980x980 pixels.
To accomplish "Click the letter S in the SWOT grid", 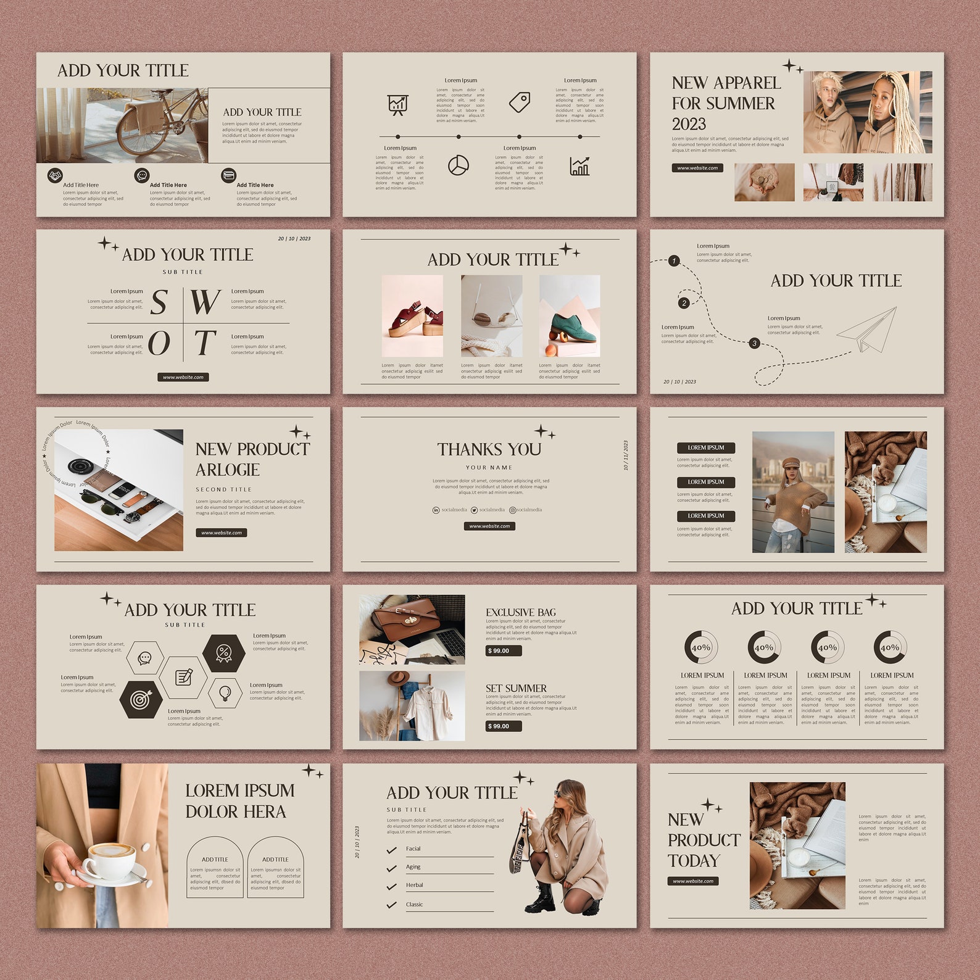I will click(x=159, y=302).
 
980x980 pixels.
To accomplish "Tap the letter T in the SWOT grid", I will click(x=204, y=343).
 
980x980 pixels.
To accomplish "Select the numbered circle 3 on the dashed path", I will click(x=754, y=343).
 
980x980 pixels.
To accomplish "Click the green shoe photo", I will click(x=570, y=316).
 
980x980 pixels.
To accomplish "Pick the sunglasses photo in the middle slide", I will click(x=491, y=316).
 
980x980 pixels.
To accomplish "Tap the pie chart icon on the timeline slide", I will click(x=458, y=165).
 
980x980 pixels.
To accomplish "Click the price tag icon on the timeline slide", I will click(x=520, y=102).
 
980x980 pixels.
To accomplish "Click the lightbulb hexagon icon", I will click(x=225, y=692).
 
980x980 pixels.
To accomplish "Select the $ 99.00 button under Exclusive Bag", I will click(x=503, y=650).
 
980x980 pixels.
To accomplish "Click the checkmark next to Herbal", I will click(x=391, y=886).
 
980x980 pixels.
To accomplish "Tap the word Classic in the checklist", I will click(x=414, y=905).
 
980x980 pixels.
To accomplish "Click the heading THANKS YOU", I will click(x=489, y=449).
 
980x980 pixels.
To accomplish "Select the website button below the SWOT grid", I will click(x=183, y=377).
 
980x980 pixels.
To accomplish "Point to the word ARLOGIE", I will click(x=227, y=470).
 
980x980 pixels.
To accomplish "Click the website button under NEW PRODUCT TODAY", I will click(x=692, y=881).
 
